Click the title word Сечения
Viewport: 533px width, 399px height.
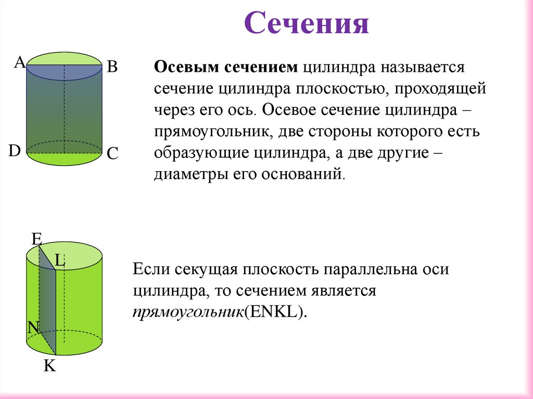pyautogui.click(x=307, y=23)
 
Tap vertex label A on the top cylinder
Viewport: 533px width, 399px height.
pyautogui.click(x=19, y=63)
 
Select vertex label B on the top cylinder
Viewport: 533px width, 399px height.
pyautogui.click(x=112, y=67)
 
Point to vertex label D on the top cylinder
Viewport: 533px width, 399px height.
pyautogui.click(x=14, y=151)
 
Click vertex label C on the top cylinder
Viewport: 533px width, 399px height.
pyautogui.click(x=113, y=153)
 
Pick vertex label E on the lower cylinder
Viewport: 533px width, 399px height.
pyautogui.click(x=36, y=239)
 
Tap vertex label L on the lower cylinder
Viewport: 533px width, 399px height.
pyautogui.click(x=60, y=261)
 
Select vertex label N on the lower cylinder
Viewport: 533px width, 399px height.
pyautogui.click(x=33, y=327)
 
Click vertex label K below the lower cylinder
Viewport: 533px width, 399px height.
pyautogui.click(x=49, y=366)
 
